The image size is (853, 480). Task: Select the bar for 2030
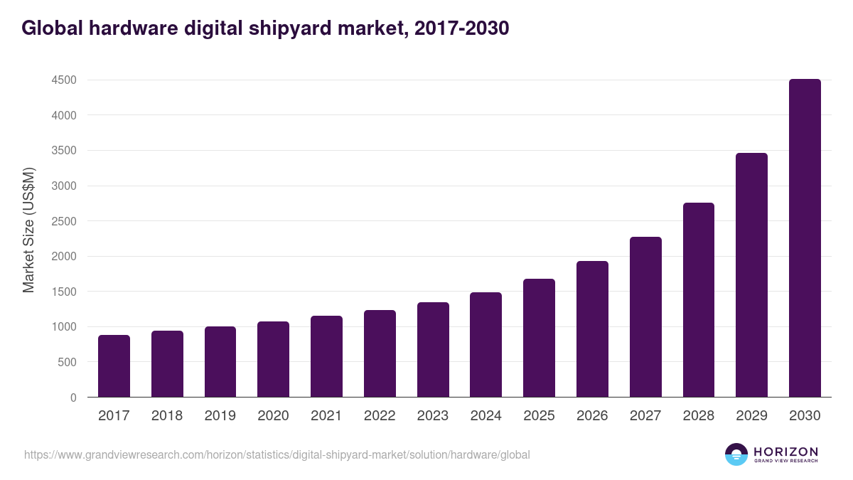pos(805,238)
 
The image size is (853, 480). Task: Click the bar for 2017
pos(114,366)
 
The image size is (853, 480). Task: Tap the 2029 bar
pos(751,275)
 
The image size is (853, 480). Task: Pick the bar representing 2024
pos(485,345)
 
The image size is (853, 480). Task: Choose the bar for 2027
pos(645,317)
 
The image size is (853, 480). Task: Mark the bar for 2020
pos(273,359)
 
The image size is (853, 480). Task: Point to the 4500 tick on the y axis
pos(64,80)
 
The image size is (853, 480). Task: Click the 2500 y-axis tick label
pos(64,221)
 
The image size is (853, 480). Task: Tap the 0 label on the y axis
pos(73,398)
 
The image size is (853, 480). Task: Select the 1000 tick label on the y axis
pos(64,327)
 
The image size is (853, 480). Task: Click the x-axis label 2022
pos(380,416)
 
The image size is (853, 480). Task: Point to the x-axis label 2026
pos(592,416)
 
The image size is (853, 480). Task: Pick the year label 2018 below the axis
pos(167,416)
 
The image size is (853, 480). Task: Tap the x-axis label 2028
pos(699,416)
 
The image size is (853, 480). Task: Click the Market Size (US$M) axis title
pos(28,230)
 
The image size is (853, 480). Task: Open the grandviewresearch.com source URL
pos(277,454)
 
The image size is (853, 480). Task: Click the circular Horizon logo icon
pos(736,454)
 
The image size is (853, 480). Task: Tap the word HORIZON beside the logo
pos(785,452)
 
